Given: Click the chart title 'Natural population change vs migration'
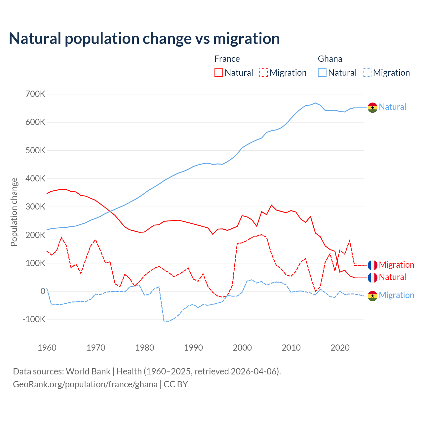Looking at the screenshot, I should pyautogui.click(x=144, y=39).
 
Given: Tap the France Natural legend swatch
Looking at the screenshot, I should pyautogui.click(x=219, y=73).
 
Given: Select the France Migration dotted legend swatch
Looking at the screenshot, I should pyautogui.click(x=264, y=73).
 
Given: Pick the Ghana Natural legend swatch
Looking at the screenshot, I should pyautogui.click(x=322, y=73).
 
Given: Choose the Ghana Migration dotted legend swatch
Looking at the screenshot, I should pyautogui.click(x=367, y=73).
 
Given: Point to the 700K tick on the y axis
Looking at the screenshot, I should pyautogui.click(x=35, y=94).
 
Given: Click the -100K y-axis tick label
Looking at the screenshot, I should pyautogui.click(x=34, y=320).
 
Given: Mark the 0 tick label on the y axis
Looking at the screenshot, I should pyautogui.click(x=43, y=291).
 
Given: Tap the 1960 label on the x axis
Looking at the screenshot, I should pyautogui.click(x=47, y=348).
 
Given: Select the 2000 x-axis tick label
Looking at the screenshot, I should pyautogui.click(x=242, y=348).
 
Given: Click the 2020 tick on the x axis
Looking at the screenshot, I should pyautogui.click(x=340, y=348).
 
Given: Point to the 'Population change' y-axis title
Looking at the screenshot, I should pyautogui.click(x=14, y=212).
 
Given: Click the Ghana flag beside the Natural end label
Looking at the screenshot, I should pyautogui.click(x=372, y=107).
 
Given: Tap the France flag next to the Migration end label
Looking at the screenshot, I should pyautogui.click(x=372, y=265).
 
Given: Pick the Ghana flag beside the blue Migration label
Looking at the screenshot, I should pyautogui.click(x=372, y=296).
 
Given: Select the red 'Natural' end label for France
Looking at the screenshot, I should pyautogui.click(x=392, y=277).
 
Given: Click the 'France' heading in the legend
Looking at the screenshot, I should pyautogui.click(x=227, y=59).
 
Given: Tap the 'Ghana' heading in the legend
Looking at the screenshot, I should pyautogui.click(x=330, y=59).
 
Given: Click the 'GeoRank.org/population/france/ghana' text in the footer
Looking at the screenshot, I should pyautogui.click(x=85, y=384).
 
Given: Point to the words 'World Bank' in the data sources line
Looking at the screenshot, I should pyautogui.click(x=88, y=371).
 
